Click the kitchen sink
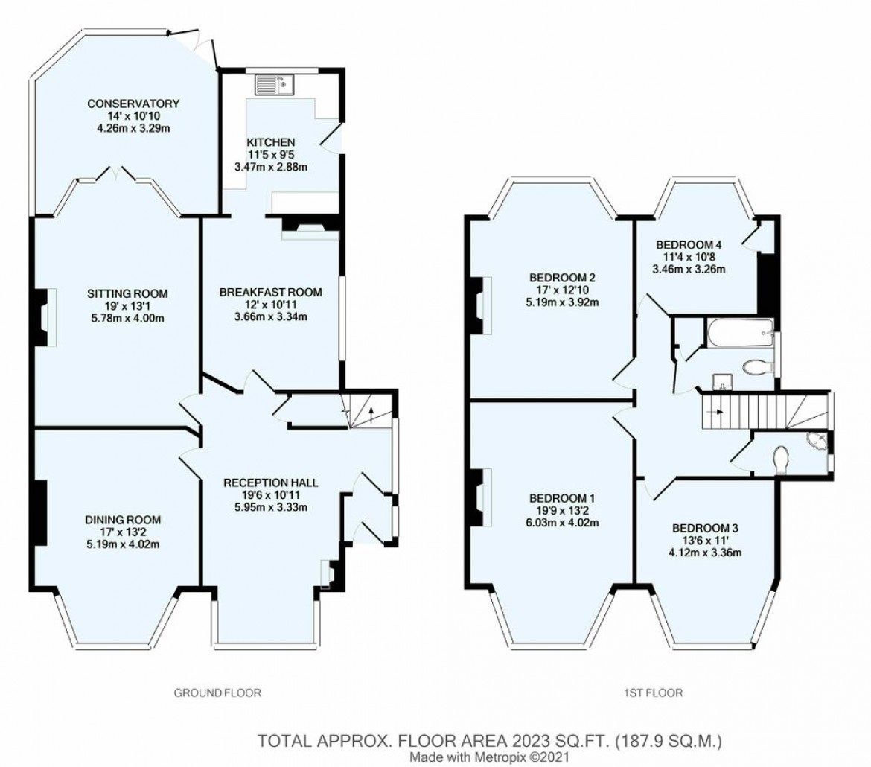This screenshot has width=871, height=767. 275,84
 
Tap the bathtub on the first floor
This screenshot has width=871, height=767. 741,334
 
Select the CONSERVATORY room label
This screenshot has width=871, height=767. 133,104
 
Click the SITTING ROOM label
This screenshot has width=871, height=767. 127,293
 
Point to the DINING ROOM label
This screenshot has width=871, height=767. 123,520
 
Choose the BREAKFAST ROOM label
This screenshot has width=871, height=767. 270,292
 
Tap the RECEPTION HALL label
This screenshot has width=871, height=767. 270,483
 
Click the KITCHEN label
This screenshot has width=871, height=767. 271,142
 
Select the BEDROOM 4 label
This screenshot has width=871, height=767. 689,244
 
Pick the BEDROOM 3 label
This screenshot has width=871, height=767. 705,527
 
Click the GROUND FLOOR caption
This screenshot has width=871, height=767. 217,693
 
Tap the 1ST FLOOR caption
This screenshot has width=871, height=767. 653,693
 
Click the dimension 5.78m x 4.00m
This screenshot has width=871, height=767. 127,319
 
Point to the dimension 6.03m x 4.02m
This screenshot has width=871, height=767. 562,523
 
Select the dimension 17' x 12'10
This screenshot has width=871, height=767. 562,290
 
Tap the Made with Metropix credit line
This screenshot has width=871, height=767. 489,757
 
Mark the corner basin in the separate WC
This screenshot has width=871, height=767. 817,441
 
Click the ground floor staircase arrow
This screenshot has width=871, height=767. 371,414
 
